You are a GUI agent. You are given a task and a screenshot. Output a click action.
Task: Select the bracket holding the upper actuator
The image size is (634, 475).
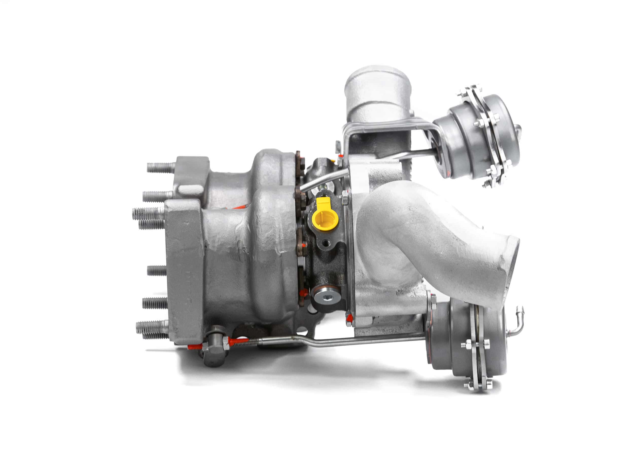pos(387,129)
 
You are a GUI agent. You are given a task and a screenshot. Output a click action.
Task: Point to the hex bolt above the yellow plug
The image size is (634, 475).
pos(345,198)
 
